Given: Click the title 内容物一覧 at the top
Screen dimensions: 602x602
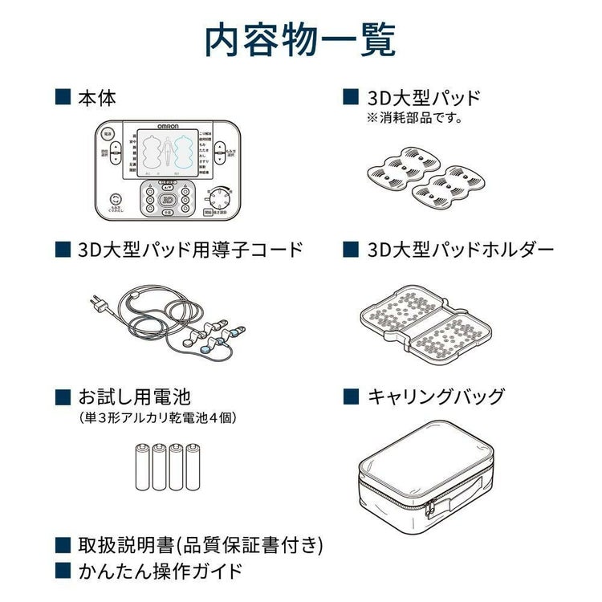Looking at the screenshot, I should tap(300, 39).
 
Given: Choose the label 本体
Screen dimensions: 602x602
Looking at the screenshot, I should tap(97, 98).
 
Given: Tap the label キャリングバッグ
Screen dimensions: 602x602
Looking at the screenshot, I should tap(436, 397).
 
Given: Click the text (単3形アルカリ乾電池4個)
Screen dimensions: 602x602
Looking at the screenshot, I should tap(158, 417).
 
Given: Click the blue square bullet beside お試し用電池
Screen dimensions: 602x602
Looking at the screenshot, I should tap(62, 397).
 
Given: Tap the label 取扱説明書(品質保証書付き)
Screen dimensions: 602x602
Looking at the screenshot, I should tap(201, 545).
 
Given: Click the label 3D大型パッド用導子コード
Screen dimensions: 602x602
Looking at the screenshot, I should tap(190, 250).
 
